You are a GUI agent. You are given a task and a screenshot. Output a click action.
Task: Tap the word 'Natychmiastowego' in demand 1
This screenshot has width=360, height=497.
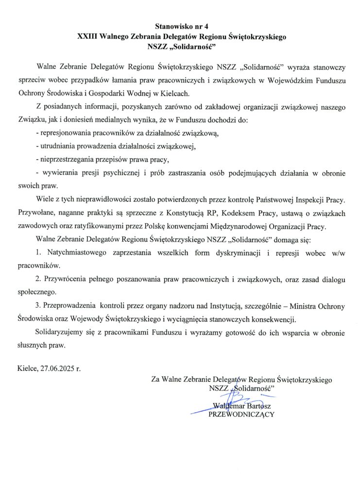point(78,253)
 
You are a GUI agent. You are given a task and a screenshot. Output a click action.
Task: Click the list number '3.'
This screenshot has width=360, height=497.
point(38,306)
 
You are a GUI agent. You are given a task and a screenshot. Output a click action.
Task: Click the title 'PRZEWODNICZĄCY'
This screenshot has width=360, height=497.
point(241,414)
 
